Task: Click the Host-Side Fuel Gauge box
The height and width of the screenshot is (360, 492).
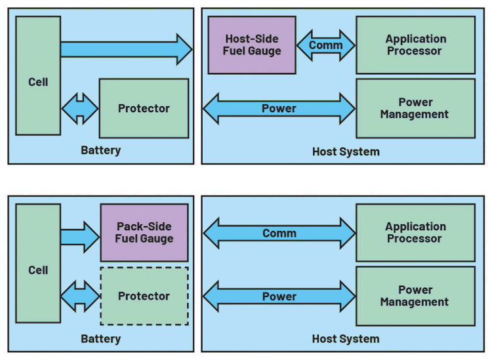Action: click(x=252, y=45)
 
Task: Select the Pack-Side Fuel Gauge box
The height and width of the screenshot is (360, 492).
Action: click(x=144, y=232)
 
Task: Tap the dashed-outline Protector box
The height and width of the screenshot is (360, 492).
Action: click(x=144, y=296)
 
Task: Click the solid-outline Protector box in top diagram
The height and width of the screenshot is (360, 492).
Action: click(x=144, y=108)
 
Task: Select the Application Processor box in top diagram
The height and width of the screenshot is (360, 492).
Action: click(x=415, y=45)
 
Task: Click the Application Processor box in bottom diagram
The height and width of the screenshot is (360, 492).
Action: click(x=415, y=232)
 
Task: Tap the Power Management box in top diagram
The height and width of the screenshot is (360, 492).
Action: click(x=415, y=108)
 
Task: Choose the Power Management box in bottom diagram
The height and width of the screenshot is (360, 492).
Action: click(x=415, y=296)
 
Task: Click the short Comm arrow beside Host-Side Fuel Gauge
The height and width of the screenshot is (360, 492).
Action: click(x=326, y=45)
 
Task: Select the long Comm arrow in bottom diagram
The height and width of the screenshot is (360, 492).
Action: click(x=279, y=233)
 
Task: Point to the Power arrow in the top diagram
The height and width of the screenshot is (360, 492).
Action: click(x=279, y=108)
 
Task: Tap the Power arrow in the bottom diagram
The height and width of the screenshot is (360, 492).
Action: click(x=279, y=296)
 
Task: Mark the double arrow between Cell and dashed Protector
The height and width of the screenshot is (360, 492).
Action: click(x=80, y=296)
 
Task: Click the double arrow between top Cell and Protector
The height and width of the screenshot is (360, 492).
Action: click(x=80, y=108)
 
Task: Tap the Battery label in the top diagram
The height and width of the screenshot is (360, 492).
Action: click(x=100, y=150)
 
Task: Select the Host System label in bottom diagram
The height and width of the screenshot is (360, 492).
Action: click(x=346, y=338)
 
